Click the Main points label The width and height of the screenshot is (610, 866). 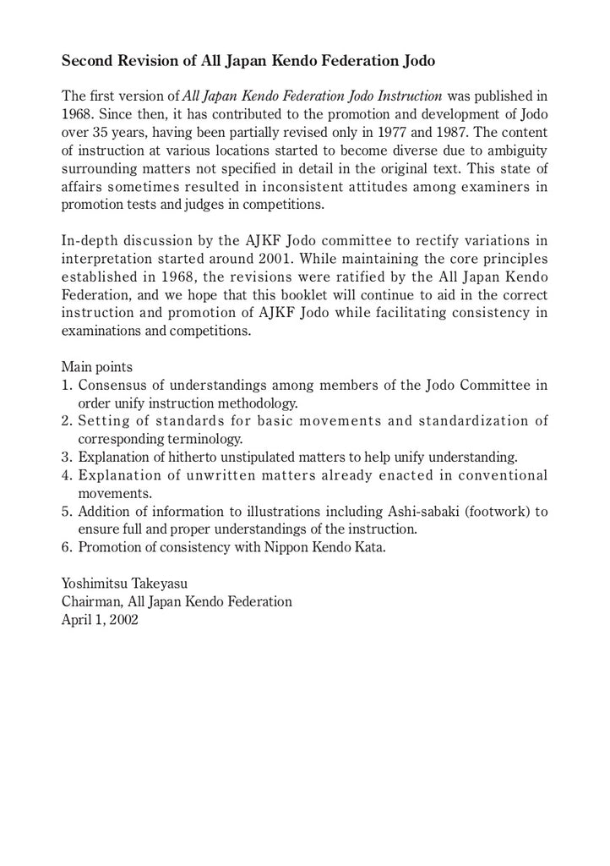point(96,367)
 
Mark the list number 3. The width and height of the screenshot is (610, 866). point(65,458)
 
